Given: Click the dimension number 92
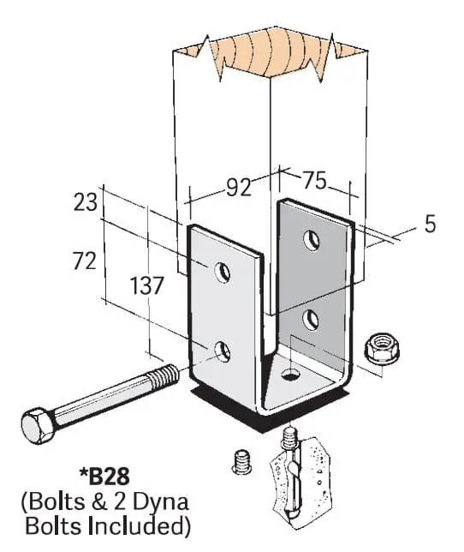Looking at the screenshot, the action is click(x=239, y=188).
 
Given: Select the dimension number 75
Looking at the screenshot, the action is click(x=314, y=181).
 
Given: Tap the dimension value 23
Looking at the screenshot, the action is click(x=85, y=203).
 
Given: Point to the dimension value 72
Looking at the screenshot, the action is click(x=85, y=261).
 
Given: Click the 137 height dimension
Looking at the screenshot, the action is click(x=147, y=285).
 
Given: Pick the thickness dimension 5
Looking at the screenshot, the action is click(x=430, y=224).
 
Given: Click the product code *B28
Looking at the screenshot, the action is click(x=104, y=477).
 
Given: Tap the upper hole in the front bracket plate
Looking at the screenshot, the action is click(x=223, y=272).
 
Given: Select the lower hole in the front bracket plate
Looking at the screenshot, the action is click(x=223, y=351).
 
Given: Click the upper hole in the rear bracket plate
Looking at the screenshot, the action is click(x=311, y=241).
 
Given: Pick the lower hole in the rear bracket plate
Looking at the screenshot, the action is click(x=311, y=320).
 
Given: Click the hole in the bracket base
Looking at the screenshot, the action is click(x=291, y=375).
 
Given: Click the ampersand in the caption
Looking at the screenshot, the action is click(x=100, y=501).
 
